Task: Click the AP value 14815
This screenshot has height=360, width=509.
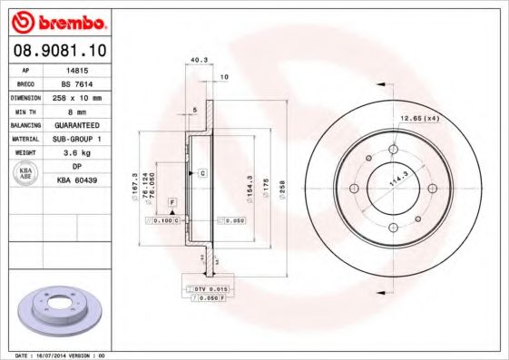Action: [x=77, y=69]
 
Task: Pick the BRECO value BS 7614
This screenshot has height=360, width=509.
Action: [x=77, y=82]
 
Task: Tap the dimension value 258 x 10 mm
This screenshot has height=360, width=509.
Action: [x=77, y=96]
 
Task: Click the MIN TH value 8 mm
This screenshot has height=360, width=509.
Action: [x=77, y=110]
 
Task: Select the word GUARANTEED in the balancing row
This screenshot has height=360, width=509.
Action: [x=77, y=124]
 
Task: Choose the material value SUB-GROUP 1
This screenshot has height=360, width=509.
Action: [x=77, y=139]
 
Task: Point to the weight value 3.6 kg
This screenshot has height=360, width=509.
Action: [x=77, y=152]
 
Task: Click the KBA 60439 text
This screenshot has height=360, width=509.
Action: [x=77, y=180]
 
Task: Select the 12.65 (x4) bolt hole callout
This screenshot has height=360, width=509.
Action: [x=420, y=118]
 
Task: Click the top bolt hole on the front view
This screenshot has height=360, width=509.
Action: [x=393, y=150]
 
